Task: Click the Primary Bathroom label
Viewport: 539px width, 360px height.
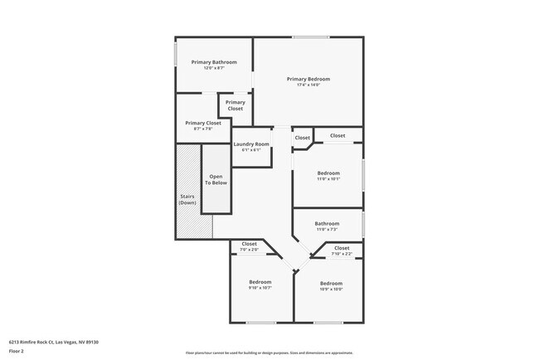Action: point(214,62)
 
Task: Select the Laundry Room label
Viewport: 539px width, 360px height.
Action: point(250,144)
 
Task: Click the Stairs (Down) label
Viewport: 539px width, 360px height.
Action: point(187,199)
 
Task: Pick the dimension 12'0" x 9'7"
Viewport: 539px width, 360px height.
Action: point(214,68)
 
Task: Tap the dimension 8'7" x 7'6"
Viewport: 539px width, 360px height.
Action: point(203,129)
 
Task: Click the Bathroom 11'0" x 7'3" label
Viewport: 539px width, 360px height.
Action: point(327,223)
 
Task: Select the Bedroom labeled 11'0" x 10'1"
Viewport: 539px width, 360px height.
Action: point(328,173)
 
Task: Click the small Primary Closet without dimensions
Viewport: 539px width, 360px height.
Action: point(236,105)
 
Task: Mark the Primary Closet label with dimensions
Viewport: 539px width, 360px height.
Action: point(203,123)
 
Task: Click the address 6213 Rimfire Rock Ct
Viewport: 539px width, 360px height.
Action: point(46,340)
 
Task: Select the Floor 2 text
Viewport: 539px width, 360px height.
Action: point(17,351)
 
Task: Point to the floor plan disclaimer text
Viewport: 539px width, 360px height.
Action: point(269,352)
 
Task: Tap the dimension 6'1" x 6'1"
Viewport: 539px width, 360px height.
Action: point(250,150)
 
